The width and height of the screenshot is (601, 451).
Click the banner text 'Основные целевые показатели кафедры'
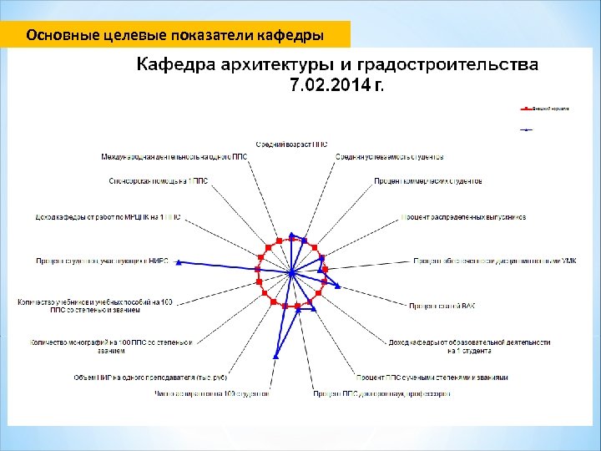(175, 35)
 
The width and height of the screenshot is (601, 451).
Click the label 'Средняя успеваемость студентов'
(389, 156)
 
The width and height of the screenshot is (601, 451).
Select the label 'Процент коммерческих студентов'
(428, 180)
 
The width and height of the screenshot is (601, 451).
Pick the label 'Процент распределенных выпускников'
(463, 217)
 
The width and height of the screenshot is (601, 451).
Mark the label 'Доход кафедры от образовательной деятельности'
(469, 342)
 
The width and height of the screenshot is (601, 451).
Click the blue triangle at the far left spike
(177, 261)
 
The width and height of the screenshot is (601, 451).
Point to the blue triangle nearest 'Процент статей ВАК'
(338, 286)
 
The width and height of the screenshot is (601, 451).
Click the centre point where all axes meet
(290, 273)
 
